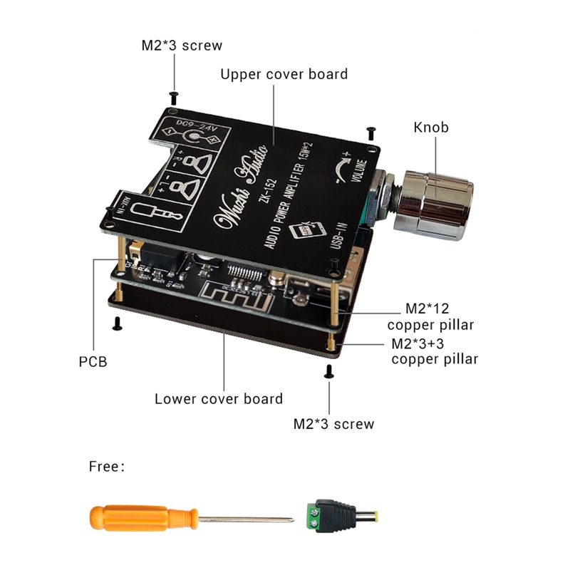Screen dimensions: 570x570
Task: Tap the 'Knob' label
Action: tap(431, 128)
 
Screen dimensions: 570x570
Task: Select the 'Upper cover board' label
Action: tap(284, 74)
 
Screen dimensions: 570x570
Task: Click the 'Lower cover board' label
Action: tap(219, 398)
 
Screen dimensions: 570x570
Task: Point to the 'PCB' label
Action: tap(93, 362)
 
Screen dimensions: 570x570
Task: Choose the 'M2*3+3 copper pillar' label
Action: tap(435, 351)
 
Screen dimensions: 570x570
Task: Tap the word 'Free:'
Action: tap(107, 467)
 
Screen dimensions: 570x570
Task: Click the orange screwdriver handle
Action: tap(142, 517)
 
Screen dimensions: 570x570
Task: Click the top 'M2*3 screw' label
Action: tap(182, 46)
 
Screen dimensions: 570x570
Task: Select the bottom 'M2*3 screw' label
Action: tap(333, 424)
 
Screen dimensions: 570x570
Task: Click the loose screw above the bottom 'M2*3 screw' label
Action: tap(329, 370)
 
